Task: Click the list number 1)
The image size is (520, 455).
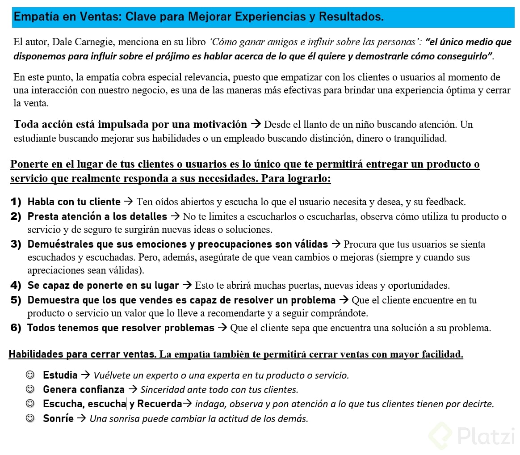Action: coord(16,202)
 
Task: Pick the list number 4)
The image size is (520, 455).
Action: coord(16,285)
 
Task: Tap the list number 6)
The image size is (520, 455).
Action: coord(16,328)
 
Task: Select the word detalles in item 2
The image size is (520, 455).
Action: coord(147,217)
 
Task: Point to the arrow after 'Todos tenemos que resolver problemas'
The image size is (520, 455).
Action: coord(222,328)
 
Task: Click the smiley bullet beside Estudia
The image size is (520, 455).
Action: coord(31,375)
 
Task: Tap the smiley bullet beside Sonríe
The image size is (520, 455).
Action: coord(31,419)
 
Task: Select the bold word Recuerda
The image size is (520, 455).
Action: coord(159,404)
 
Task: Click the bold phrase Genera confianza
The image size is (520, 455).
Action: coord(84,389)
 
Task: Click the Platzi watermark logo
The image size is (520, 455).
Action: coord(472,434)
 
